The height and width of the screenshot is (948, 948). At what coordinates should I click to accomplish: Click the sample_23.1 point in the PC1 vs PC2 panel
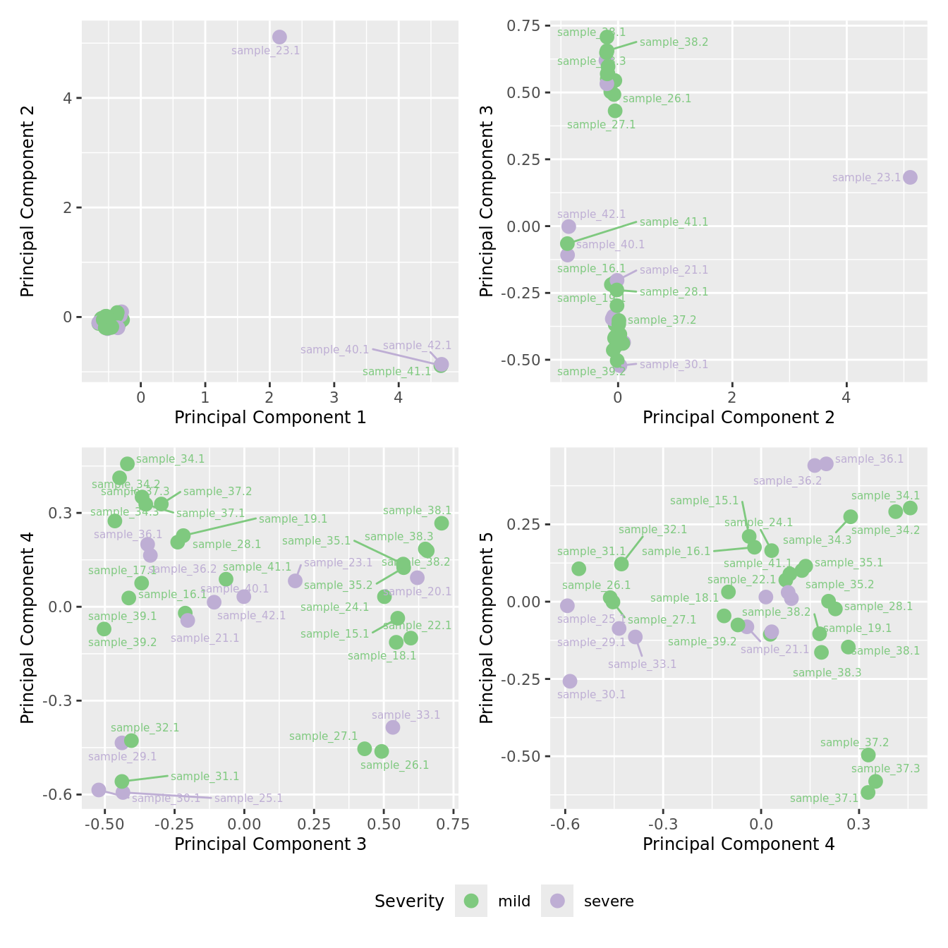(x=279, y=37)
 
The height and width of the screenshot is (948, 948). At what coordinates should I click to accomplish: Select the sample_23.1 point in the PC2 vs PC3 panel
(x=910, y=177)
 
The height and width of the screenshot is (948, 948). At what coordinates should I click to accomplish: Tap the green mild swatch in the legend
(x=471, y=901)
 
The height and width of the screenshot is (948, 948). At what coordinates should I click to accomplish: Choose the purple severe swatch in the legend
(x=557, y=901)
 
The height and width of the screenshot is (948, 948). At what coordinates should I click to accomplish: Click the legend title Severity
(x=409, y=901)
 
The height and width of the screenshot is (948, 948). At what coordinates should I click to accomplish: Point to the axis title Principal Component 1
(x=270, y=418)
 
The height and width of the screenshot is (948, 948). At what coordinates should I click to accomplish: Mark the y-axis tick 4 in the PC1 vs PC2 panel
(x=68, y=98)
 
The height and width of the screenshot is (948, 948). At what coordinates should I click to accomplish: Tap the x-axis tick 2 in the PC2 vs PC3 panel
(x=732, y=398)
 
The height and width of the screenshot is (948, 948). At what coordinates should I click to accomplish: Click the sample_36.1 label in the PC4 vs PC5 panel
(x=869, y=459)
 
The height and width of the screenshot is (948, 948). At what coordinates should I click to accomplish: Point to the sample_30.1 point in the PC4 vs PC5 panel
(x=570, y=681)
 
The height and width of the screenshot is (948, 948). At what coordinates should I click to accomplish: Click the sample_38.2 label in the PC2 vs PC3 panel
(x=674, y=42)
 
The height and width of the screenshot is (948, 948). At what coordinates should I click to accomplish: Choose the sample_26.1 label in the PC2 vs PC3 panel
(x=657, y=99)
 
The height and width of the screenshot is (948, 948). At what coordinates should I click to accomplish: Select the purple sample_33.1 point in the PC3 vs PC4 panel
(x=393, y=727)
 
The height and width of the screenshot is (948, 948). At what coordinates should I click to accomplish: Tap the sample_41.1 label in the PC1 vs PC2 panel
(x=396, y=372)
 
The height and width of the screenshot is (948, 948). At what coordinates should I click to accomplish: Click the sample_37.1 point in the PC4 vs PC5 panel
(x=868, y=792)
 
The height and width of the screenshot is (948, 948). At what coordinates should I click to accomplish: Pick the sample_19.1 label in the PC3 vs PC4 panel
(x=293, y=519)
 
